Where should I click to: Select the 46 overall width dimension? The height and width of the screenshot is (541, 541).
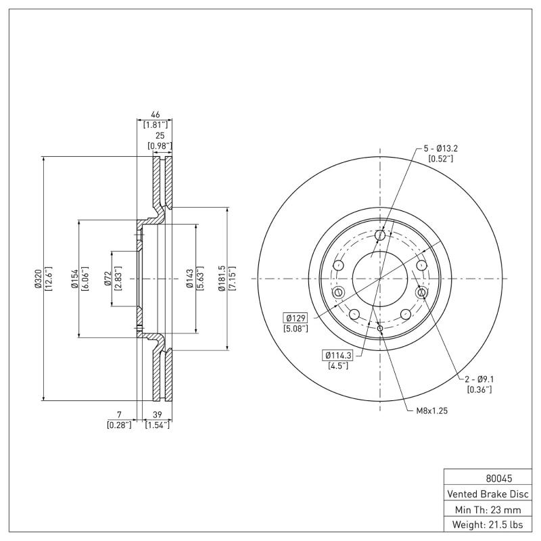tap(156, 116)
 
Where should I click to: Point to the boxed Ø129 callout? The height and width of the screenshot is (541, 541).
tap(296, 317)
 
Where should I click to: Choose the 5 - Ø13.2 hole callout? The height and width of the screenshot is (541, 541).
tap(440, 148)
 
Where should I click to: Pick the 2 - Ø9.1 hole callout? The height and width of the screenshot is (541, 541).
tap(479, 379)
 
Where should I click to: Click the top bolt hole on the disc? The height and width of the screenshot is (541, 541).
tap(380, 235)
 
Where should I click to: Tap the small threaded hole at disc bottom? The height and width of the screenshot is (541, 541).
tap(380, 329)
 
